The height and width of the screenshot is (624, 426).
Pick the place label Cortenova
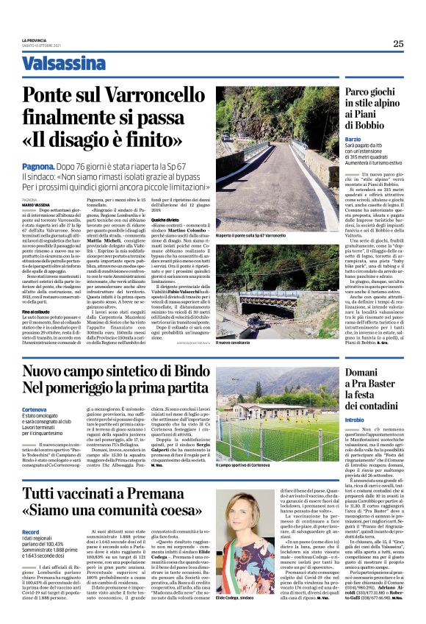tap(35, 409)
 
